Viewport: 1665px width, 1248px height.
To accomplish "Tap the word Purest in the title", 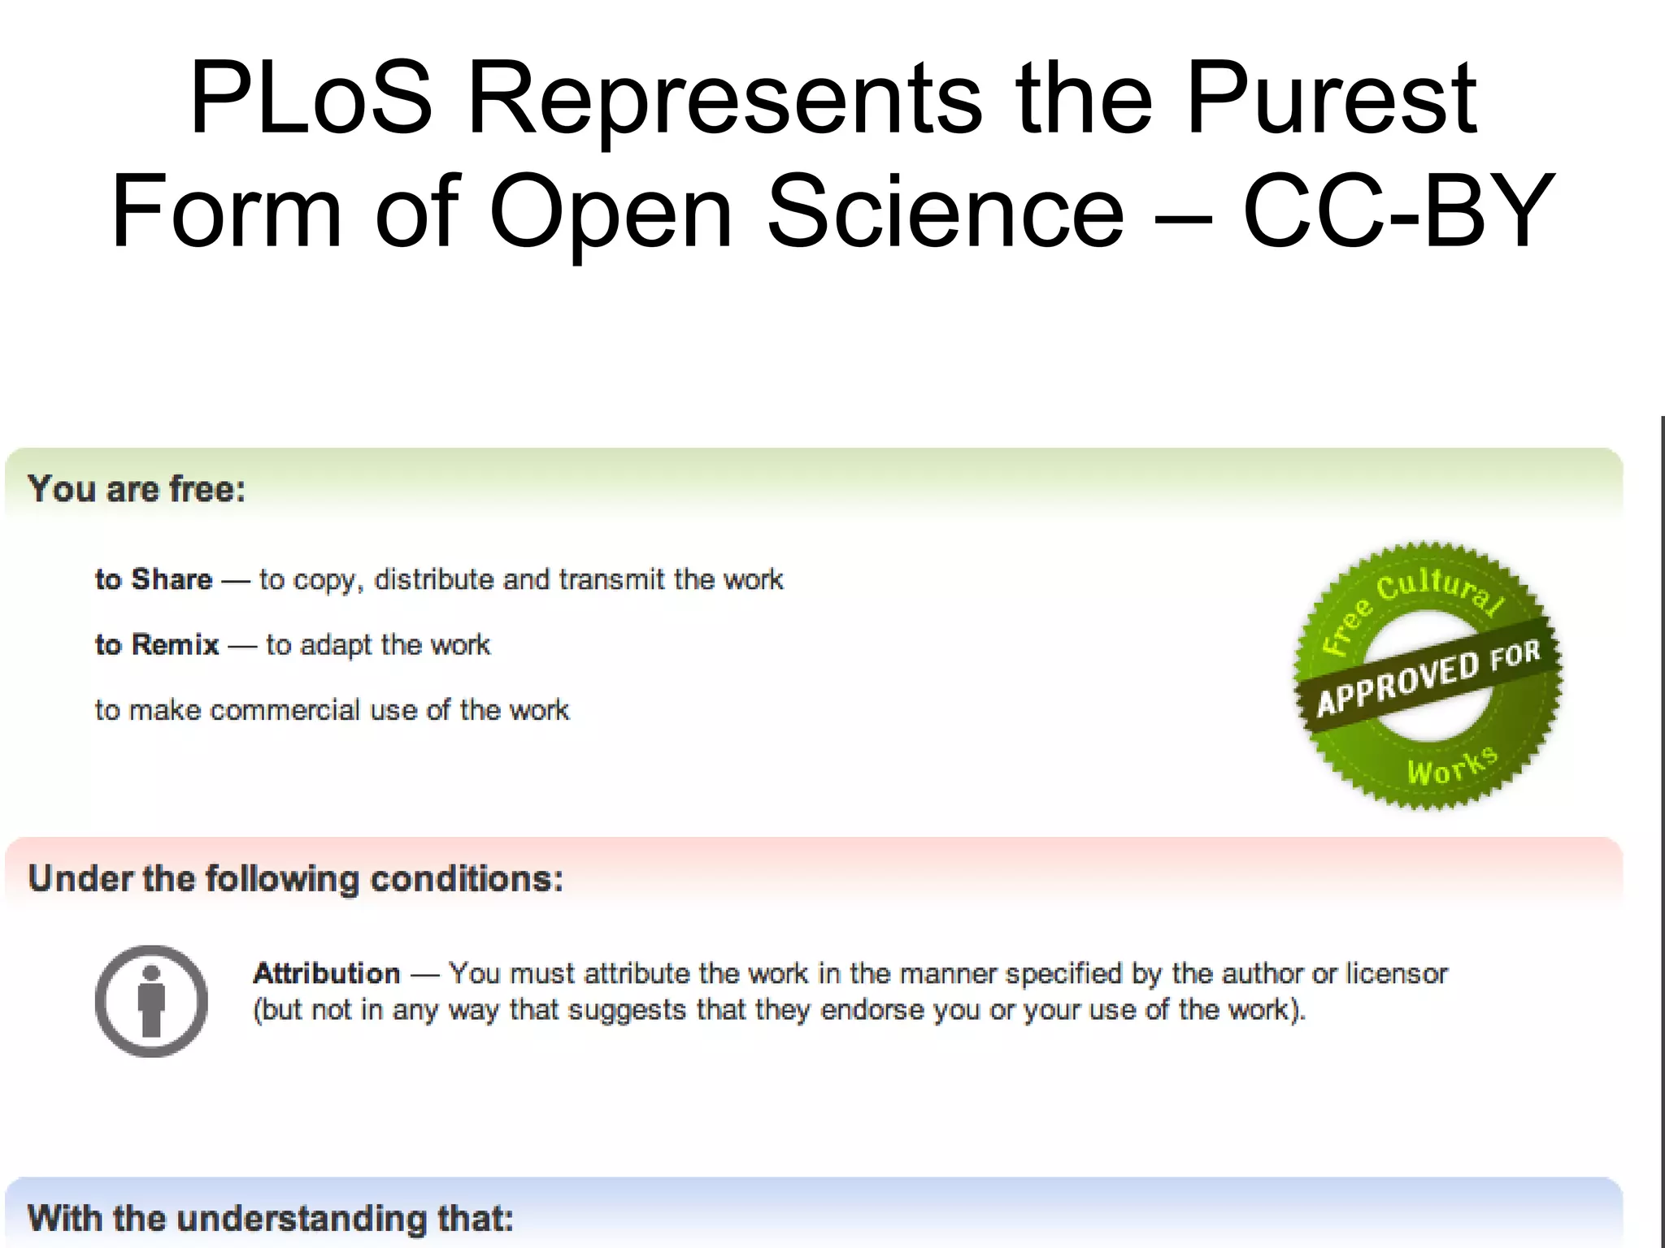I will [1331, 99].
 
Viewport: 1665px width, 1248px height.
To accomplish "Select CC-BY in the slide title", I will [1398, 212].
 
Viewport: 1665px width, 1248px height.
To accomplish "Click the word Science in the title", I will [946, 212].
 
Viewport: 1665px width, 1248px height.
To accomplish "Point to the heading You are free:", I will [137, 489].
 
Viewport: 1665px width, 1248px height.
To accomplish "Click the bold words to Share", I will [154, 579].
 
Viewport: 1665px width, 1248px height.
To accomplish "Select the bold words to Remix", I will [157, 644].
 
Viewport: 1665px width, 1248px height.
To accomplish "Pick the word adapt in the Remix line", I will [337, 645].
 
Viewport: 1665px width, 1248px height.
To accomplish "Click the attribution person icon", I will [151, 1000].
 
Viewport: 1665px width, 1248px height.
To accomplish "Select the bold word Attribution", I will [327, 973].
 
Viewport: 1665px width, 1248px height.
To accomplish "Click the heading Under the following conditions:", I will [295, 879].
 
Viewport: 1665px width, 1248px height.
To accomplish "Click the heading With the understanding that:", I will [271, 1219].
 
